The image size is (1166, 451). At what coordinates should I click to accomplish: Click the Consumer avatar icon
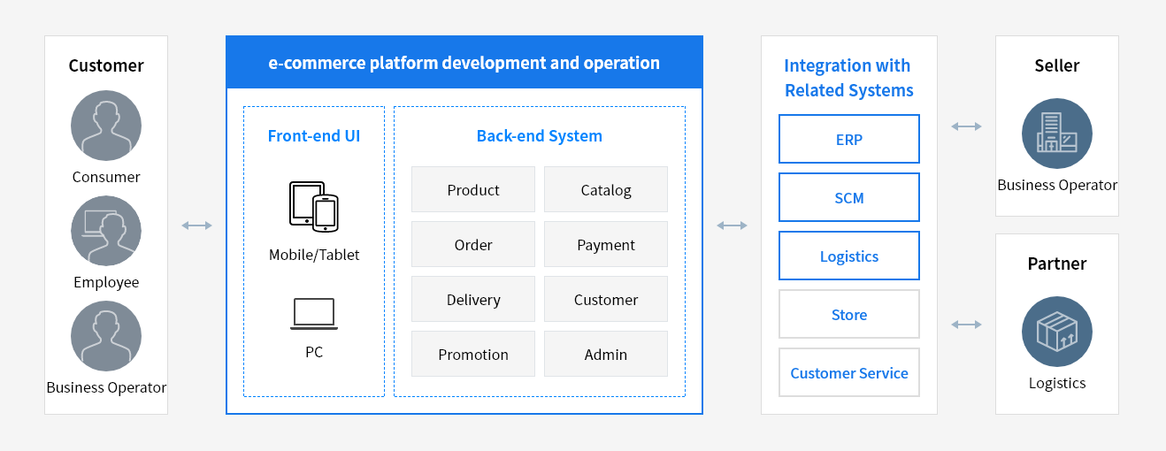pos(106,127)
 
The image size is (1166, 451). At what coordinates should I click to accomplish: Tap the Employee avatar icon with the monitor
pos(106,231)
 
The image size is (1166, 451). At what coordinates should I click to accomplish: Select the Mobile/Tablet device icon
pos(314,206)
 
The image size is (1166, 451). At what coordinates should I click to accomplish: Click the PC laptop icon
pos(314,314)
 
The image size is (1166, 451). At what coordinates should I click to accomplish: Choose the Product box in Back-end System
pos(473,189)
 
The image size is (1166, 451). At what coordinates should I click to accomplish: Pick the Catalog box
pos(606,189)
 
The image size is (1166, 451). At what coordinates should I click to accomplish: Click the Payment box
pos(606,244)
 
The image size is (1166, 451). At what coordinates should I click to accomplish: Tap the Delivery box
pos(473,299)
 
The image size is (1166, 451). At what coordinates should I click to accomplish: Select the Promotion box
pos(473,354)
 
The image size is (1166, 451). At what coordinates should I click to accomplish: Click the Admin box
pos(606,354)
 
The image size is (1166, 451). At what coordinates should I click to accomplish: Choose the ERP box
pos(849,139)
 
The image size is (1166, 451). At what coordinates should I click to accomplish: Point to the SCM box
pos(849,197)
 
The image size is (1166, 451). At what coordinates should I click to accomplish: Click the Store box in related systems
pos(849,314)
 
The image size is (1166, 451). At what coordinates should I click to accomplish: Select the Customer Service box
pos(849,372)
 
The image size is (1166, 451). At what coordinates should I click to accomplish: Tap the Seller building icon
pos(1057,134)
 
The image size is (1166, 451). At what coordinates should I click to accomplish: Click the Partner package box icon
pos(1057,332)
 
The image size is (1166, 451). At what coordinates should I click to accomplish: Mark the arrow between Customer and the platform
pos(197,225)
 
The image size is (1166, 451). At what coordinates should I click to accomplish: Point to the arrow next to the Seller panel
pos(966,126)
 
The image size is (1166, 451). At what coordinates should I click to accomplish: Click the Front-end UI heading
pos(314,136)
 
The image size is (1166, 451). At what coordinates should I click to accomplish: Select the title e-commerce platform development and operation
pos(464,63)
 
